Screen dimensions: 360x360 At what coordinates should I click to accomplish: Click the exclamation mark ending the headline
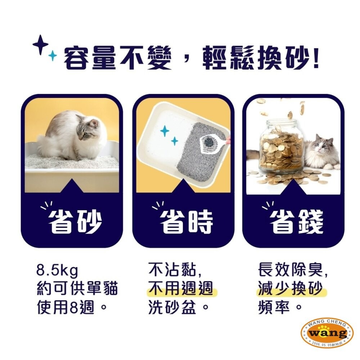tap(315, 58)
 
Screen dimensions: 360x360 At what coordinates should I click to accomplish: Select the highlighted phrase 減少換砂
tap(290, 289)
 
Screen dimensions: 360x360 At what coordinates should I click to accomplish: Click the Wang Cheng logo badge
tap(327, 333)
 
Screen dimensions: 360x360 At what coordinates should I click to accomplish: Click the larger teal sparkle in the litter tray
tap(165, 131)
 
